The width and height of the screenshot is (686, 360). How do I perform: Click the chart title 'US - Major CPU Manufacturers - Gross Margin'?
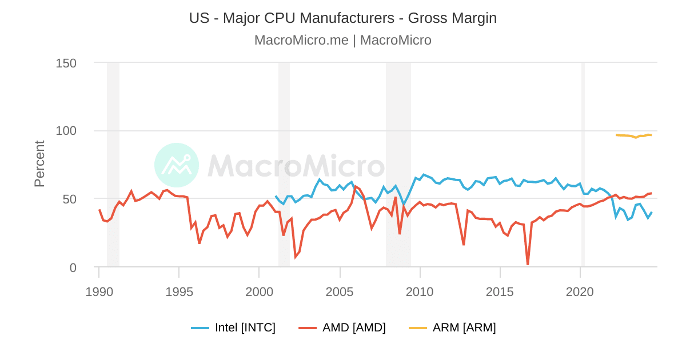click(343, 18)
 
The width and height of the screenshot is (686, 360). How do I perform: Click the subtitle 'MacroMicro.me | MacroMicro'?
click(343, 40)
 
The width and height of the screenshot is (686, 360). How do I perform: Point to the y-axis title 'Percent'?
click(39, 164)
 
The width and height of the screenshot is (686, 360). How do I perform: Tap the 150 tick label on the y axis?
click(66, 62)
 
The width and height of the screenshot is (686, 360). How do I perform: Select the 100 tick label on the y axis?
click(66, 131)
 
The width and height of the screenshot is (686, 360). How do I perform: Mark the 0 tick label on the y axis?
click(73, 267)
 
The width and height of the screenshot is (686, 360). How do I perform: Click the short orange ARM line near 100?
click(629, 136)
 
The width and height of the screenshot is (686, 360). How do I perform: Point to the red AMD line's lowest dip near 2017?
click(528, 263)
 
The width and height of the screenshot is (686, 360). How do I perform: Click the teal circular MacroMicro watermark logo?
click(177, 165)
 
